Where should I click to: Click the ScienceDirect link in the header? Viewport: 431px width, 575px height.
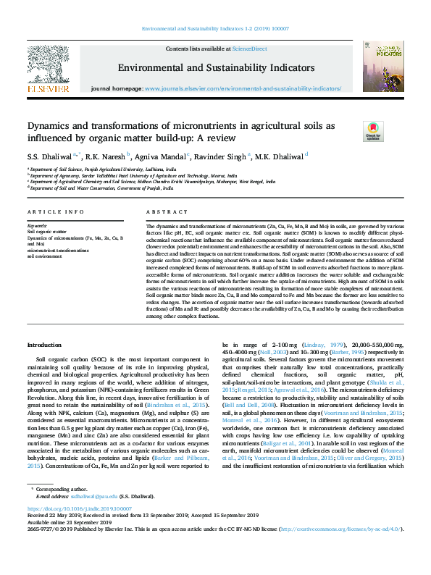coord(249,48)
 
